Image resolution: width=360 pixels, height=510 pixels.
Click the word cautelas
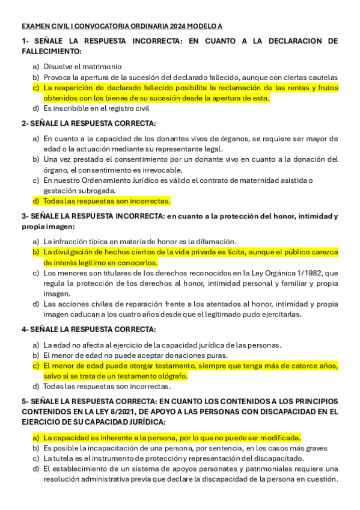(322, 77)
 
